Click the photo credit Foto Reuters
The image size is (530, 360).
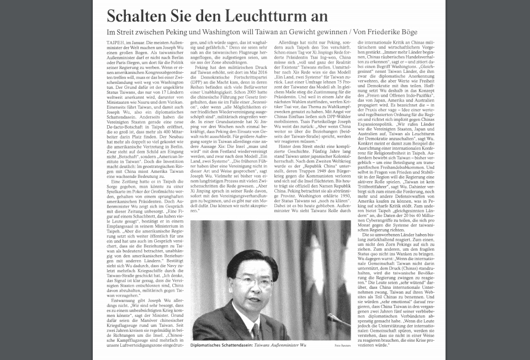click(x=342, y=346)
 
